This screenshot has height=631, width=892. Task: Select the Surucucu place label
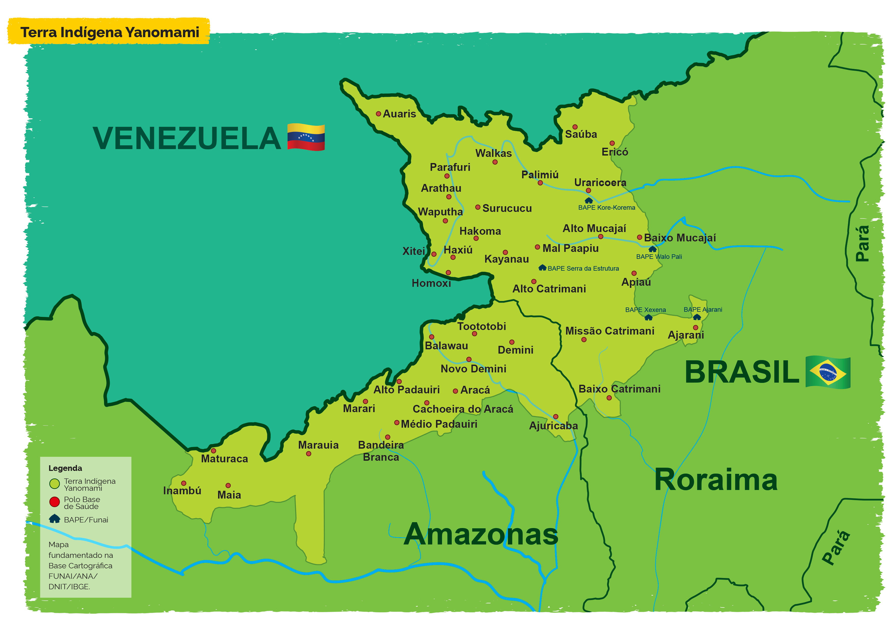507,208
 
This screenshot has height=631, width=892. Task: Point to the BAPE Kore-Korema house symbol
589,200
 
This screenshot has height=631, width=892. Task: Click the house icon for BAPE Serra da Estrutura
542,268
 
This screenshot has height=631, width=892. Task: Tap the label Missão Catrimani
610,331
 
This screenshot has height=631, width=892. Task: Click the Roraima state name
716,480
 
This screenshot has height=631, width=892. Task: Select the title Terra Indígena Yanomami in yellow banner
110,32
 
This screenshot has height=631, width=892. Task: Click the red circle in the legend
54,502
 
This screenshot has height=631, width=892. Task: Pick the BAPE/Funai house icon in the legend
54,519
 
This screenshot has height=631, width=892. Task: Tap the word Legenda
65,468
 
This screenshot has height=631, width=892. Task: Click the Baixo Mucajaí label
679,238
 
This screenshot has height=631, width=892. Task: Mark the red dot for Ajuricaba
555,417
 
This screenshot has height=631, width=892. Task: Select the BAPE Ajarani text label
703,310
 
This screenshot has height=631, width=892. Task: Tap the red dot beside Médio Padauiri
397,422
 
